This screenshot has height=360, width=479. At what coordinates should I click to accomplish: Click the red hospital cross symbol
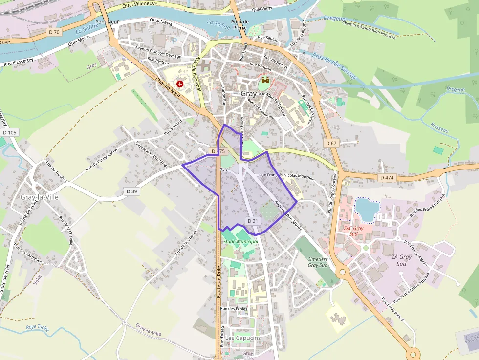point(180,84)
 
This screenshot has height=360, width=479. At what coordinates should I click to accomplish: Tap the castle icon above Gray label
point(265,80)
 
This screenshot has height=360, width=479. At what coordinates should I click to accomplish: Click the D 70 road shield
point(54,32)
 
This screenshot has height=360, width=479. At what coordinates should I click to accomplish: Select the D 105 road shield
point(9,132)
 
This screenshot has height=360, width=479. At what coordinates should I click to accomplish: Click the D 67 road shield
point(331,143)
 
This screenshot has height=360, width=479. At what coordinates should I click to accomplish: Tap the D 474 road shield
point(386,177)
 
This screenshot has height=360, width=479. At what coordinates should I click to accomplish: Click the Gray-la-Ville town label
point(40,197)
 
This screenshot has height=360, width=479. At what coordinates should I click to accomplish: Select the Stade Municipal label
point(240,241)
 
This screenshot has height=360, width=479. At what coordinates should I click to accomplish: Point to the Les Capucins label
point(243,338)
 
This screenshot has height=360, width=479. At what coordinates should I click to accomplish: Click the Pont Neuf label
point(107,22)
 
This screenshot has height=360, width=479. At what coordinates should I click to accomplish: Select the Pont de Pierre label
point(239,24)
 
